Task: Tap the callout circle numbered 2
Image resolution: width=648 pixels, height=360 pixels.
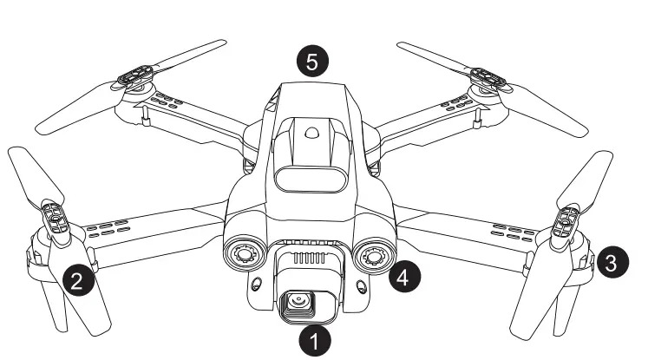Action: coord(77,279)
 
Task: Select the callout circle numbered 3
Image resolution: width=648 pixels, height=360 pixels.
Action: coord(613,263)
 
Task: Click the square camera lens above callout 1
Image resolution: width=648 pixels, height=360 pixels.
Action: coord(300,304)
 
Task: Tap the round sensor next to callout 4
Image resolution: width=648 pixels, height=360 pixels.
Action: coord(372,257)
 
